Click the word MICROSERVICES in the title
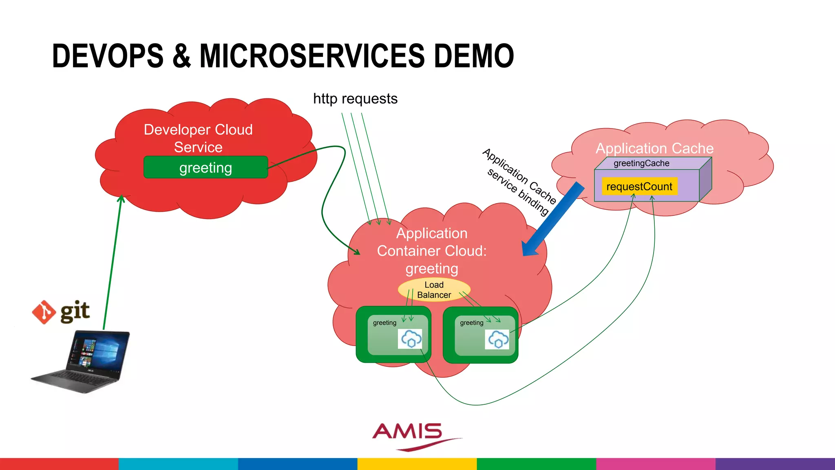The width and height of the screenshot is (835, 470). (312, 56)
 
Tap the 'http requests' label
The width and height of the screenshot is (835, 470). (355, 99)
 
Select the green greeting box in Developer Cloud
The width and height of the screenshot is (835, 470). (205, 167)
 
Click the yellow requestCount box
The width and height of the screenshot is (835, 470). (639, 186)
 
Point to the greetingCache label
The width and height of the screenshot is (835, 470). (641, 163)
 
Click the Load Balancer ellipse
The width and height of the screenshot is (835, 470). (434, 290)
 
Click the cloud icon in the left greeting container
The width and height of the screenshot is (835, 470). (410, 339)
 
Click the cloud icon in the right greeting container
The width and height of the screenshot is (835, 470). (497, 339)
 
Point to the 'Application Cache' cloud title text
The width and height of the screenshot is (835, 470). (654, 148)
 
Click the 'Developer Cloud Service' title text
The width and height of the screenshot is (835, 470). (198, 138)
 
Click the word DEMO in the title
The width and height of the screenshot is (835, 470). (473, 56)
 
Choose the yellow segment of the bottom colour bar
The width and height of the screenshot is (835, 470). (417, 464)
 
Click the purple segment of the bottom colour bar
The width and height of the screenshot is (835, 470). (775, 464)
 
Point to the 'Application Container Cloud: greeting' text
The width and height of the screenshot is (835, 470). (431, 251)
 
